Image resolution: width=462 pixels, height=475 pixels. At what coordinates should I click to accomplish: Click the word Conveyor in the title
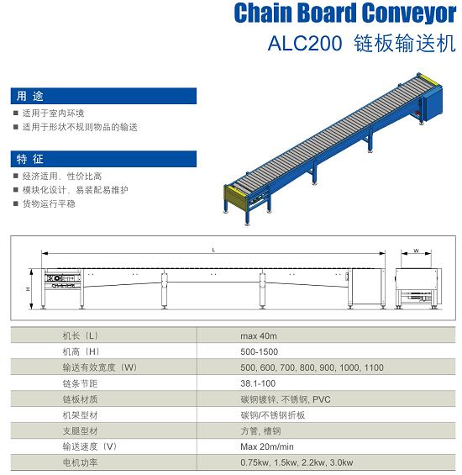[x=409, y=13]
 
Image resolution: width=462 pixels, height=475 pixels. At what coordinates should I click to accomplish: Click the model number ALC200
[x=305, y=43]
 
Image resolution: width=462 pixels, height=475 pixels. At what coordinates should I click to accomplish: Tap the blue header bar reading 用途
[x=103, y=96]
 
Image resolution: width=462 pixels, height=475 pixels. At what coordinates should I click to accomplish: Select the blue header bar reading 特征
[x=103, y=159]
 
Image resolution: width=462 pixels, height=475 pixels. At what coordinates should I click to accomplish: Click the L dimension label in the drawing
[x=213, y=250]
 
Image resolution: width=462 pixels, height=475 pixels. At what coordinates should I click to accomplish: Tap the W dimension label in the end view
[x=417, y=251]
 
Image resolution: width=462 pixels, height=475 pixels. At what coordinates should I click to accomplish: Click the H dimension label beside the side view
[x=28, y=289]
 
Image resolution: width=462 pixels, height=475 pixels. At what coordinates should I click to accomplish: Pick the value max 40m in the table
[x=259, y=336]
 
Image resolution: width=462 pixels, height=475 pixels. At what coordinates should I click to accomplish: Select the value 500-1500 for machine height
[x=260, y=351]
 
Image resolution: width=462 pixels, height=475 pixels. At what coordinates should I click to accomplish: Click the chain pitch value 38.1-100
[x=258, y=383]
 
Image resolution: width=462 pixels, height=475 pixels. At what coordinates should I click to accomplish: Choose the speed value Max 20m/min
[x=267, y=446]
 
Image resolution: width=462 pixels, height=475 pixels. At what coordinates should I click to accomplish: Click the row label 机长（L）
[x=81, y=335]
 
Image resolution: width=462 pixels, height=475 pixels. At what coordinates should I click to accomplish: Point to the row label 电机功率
[x=80, y=462]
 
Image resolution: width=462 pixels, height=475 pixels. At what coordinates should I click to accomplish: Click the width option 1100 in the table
[x=374, y=367]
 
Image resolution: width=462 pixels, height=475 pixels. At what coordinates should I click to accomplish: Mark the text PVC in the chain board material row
[x=322, y=399]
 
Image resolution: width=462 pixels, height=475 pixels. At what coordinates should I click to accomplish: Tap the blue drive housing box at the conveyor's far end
[x=433, y=103]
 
